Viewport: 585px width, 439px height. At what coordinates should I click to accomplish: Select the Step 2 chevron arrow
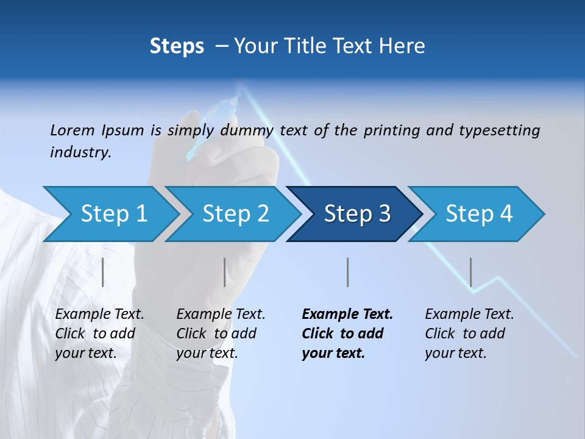coord(235,214)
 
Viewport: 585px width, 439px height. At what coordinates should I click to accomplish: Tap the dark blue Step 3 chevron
coord(357,214)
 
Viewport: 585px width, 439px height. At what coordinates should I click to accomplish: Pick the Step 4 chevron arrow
coord(479,214)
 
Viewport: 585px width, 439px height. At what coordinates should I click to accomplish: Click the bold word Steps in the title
coord(177,46)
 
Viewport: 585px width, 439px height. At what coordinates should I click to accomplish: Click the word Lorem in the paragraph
coord(72,130)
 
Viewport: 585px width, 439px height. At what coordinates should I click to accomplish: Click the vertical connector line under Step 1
coord(103,272)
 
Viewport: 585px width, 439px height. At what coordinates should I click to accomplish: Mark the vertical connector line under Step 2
coord(225,272)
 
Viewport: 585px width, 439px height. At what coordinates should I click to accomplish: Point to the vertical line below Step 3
coord(347,272)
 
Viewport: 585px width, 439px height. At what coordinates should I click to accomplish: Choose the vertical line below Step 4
coord(470,272)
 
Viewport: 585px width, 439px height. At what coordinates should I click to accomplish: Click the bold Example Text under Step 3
coord(347,315)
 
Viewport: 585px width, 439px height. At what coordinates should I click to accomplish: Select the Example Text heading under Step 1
coord(100,315)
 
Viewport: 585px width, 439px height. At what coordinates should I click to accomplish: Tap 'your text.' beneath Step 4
coord(456,353)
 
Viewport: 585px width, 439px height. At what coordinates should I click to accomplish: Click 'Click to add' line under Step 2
coord(216,334)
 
